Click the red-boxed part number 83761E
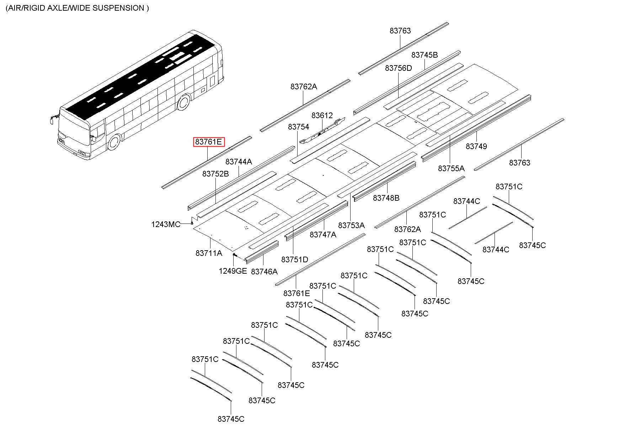pyautogui.click(x=208, y=142)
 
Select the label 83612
pyautogui.click(x=322, y=116)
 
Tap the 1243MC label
pyautogui.click(x=166, y=225)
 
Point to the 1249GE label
pyautogui.click(x=233, y=271)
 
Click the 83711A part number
pyautogui.click(x=209, y=253)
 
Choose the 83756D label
pyautogui.click(x=398, y=68)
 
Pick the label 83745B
pyautogui.click(x=425, y=55)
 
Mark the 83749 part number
pyautogui.click(x=476, y=146)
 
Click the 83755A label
pyautogui.click(x=451, y=168)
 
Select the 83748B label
pyautogui.click(x=386, y=198)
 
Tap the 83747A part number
pyautogui.click(x=323, y=235)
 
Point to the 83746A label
pyautogui.click(x=264, y=272)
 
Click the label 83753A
pyautogui.click(x=351, y=225)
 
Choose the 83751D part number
pyautogui.click(x=295, y=260)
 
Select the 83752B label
pyautogui.click(x=215, y=174)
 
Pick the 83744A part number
pyautogui.click(x=239, y=162)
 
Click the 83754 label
pyautogui.click(x=298, y=127)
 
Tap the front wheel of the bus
pyautogui.click(x=114, y=142)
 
